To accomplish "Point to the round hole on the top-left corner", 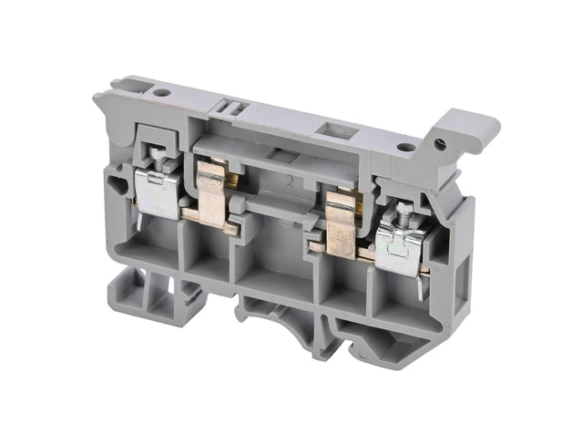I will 161,92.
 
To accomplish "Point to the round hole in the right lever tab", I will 442,144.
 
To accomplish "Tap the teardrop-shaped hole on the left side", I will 118,186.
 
